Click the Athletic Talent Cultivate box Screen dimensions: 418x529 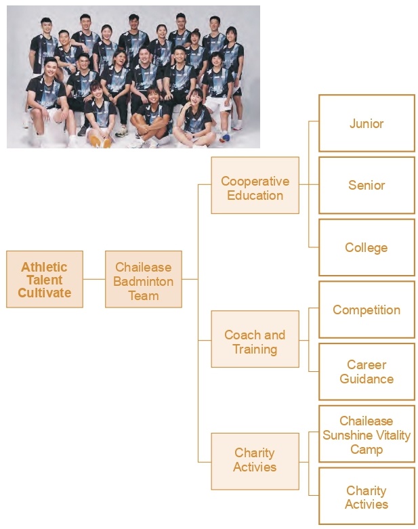(x=45, y=279)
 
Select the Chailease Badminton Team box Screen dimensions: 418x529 (x=144, y=279)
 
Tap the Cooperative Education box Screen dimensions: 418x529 (x=255, y=185)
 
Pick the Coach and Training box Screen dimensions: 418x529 (x=255, y=339)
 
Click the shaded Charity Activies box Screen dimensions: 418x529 (x=255, y=461)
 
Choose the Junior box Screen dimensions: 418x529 (x=367, y=123)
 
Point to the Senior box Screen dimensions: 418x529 (x=367, y=185)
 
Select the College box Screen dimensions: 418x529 (x=367, y=247)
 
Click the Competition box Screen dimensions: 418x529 (x=367, y=310)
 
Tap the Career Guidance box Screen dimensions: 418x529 (x=367, y=371)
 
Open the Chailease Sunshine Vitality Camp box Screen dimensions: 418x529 (x=367, y=434)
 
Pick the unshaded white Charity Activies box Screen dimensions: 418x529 (x=367, y=496)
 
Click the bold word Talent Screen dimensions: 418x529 (x=45, y=280)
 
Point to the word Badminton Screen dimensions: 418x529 (x=144, y=281)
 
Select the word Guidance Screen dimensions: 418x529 (x=367, y=379)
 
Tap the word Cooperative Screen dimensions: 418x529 (x=255, y=182)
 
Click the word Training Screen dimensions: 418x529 (x=255, y=350)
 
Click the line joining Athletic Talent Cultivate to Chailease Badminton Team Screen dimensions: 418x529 (x=94, y=279)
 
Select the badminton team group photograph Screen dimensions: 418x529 (x=133, y=77)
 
